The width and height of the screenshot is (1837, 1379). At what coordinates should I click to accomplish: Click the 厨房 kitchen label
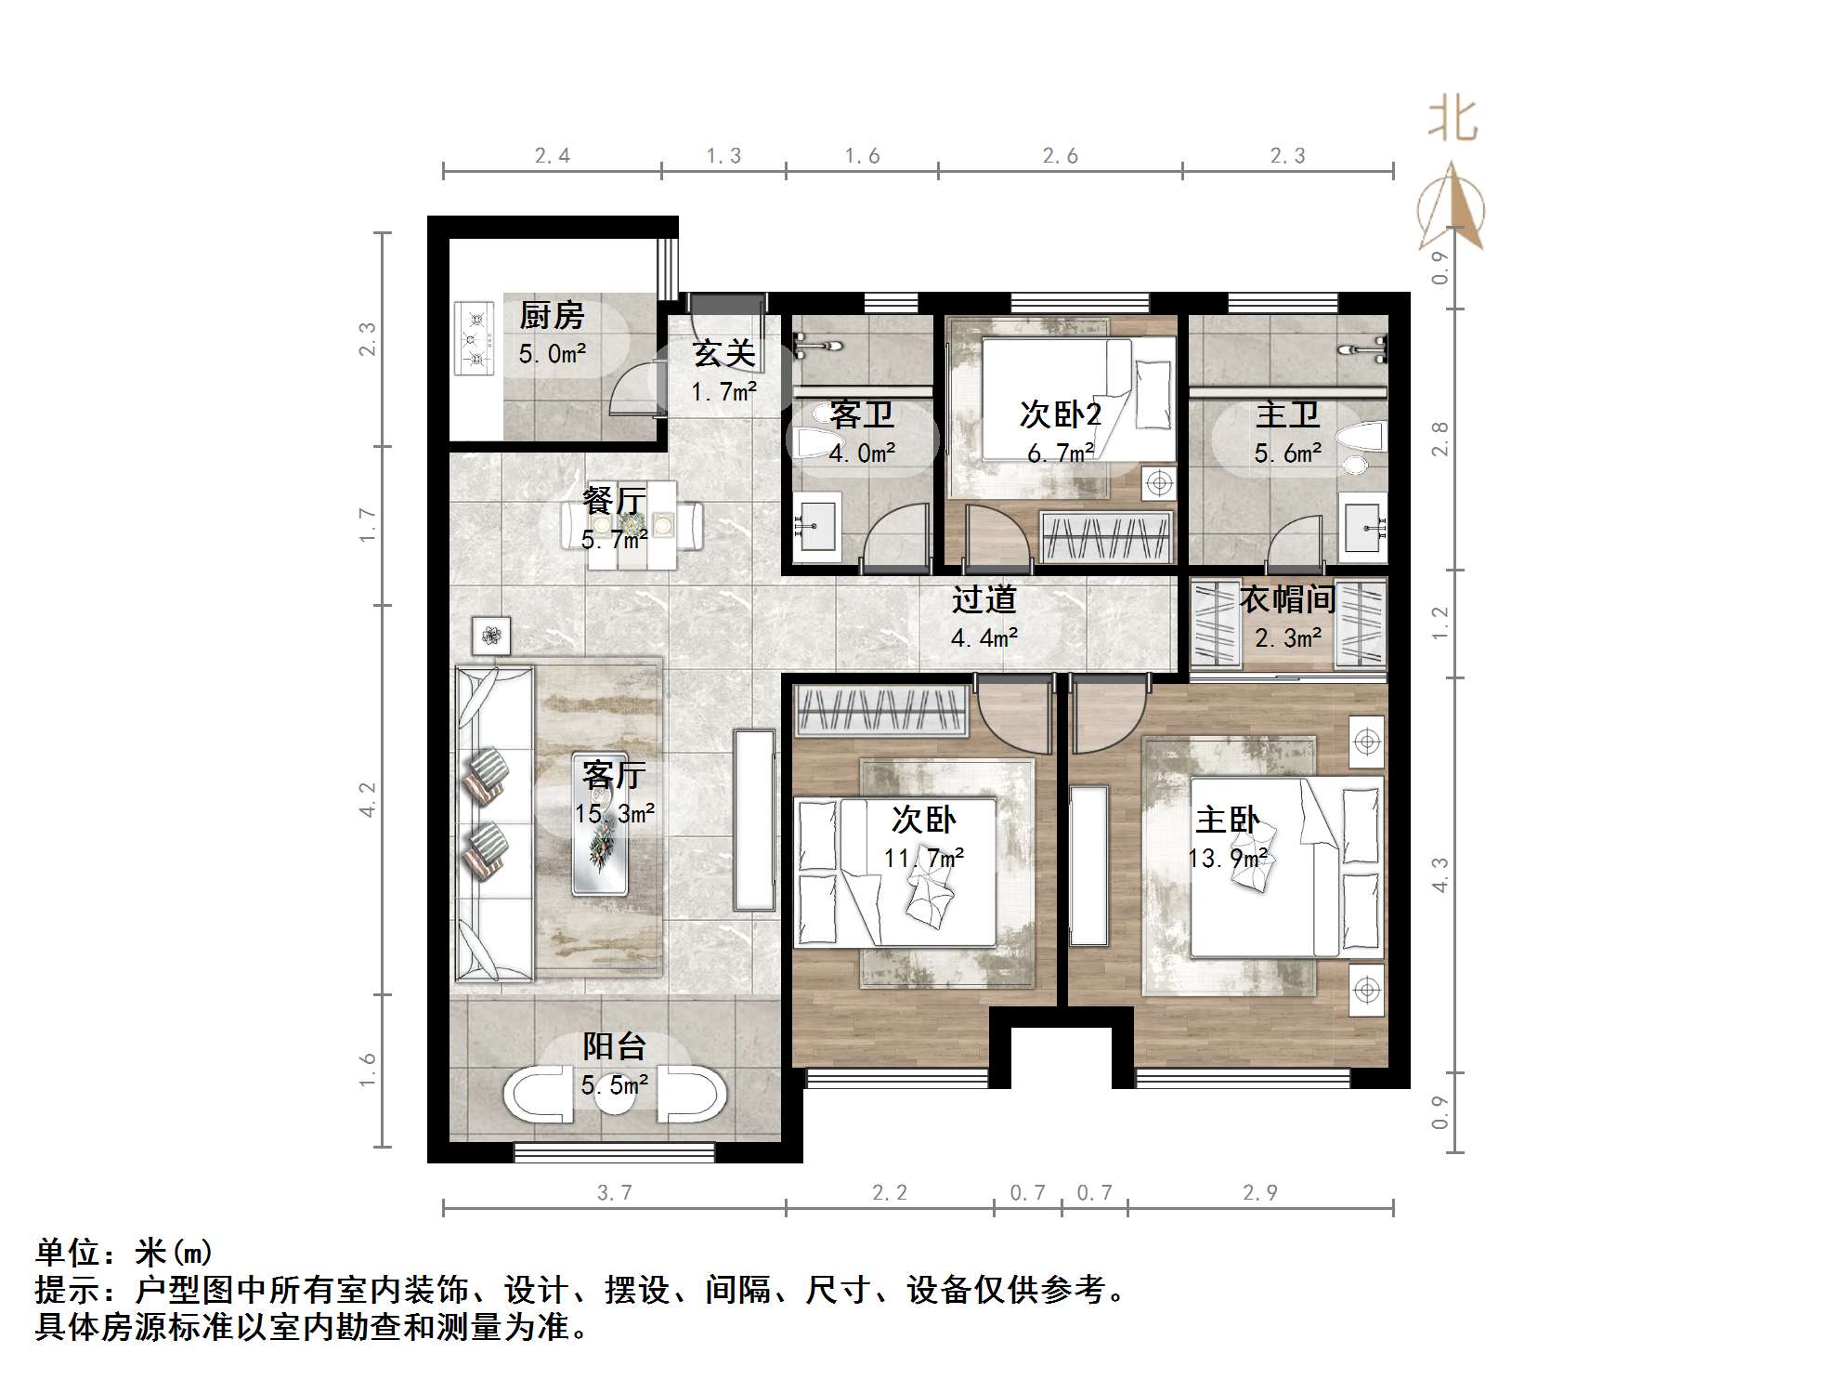(x=552, y=316)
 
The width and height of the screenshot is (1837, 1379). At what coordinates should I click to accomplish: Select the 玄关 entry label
(x=723, y=354)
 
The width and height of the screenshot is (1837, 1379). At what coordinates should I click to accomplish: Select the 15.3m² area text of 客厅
(x=614, y=814)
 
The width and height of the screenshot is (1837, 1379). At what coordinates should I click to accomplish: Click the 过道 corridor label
(x=984, y=599)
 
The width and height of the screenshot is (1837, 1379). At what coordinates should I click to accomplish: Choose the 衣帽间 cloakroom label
(x=1287, y=599)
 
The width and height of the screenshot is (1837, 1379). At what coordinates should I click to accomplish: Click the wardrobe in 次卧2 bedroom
(x=1105, y=536)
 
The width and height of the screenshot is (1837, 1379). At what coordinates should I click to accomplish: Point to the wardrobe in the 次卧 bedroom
(x=882, y=711)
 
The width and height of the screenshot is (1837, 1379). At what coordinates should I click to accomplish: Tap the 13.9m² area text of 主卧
(x=1228, y=858)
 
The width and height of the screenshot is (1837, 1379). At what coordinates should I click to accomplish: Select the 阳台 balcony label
(x=614, y=1046)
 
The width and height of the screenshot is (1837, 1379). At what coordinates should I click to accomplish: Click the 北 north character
(x=1453, y=121)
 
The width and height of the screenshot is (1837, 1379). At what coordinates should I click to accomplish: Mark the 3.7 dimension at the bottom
(x=614, y=1193)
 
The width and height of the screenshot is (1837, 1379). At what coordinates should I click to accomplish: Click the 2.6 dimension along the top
(x=1060, y=156)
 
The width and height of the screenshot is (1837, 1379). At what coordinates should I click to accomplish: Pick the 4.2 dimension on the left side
(x=369, y=799)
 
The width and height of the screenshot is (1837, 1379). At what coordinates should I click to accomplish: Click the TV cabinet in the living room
(x=753, y=820)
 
